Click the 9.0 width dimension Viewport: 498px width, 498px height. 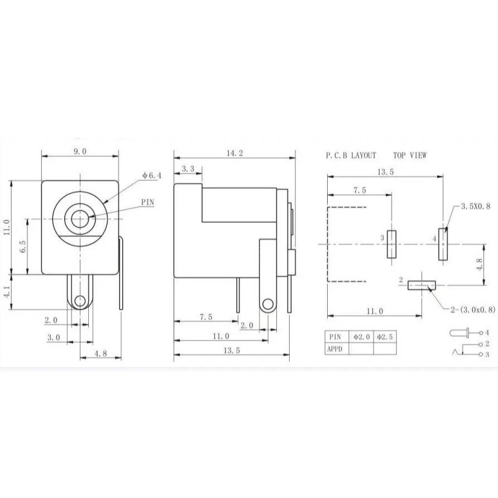point(80,151)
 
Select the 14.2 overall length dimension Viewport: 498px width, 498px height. point(233,154)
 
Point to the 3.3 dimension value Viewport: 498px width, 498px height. point(188,168)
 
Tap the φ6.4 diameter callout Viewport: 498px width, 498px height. point(151,175)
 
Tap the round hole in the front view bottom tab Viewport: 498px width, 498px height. point(80,301)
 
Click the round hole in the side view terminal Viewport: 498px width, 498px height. point(267,304)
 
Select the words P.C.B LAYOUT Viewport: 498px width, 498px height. point(351,155)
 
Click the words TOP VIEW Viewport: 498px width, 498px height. point(409,155)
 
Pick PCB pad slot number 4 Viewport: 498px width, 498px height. point(443,244)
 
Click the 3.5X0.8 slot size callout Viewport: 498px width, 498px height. point(475,206)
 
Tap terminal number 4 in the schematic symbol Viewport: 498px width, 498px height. point(487,333)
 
